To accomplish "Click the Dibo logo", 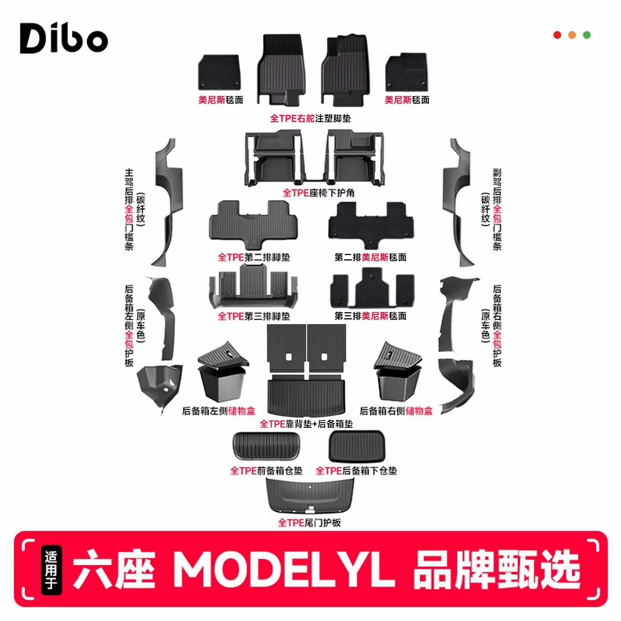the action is [x=63, y=38].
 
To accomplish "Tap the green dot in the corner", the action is [x=586, y=35].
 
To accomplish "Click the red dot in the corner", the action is [x=557, y=35].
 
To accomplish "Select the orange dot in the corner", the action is [x=572, y=35].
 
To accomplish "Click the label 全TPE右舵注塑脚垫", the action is [x=310, y=118].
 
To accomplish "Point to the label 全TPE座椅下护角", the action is [x=318, y=193].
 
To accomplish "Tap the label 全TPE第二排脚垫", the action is [x=254, y=257].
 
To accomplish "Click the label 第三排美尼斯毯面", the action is [x=370, y=316].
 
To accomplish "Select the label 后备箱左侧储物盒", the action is [x=219, y=411].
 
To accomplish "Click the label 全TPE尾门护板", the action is [x=309, y=523].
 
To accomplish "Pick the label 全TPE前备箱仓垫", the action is [x=266, y=471].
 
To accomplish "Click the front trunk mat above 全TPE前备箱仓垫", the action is [x=266, y=446].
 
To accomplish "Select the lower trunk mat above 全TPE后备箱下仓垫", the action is [x=357, y=446].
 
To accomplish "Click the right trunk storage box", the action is [x=398, y=371].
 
